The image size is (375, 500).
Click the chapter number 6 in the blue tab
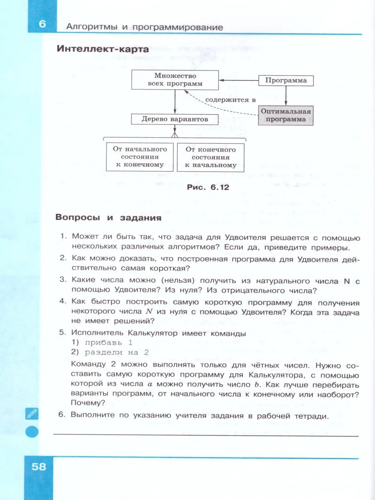42,24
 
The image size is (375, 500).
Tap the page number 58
39,466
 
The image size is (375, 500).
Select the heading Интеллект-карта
102,49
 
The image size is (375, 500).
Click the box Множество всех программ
175,80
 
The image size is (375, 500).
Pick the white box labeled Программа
286,80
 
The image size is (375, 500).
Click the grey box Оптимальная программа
286,115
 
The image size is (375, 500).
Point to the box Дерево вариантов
175,119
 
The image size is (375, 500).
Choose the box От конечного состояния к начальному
210,157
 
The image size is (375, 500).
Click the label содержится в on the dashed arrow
230,100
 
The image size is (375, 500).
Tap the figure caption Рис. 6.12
208,187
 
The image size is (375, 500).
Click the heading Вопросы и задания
108,218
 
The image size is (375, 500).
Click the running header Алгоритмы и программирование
145,27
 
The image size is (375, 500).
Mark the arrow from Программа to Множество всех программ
239,80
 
